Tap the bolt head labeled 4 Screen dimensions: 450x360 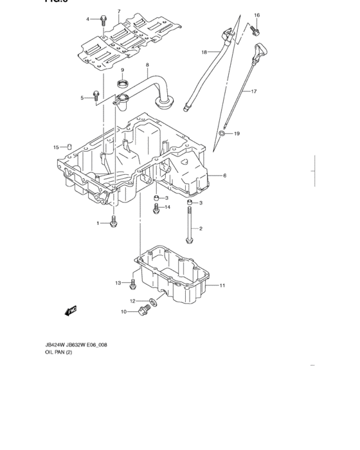[x=104, y=19]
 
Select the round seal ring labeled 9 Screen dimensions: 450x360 [x=122, y=83]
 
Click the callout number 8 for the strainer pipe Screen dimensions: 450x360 [x=147, y=65]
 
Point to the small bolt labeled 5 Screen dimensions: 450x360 [x=96, y=96]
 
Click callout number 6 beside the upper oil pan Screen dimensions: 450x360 [x=225, y=175]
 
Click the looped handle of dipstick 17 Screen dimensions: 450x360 [x=261, y=50]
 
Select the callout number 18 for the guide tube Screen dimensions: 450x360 [x=204, y=52]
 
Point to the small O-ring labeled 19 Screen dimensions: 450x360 [x=221, y=134]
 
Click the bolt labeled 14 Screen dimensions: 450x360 [x=156, y=208]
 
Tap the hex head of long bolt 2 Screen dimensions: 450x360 [x=190, y=241]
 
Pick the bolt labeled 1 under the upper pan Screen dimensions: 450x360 [x=114, y=222]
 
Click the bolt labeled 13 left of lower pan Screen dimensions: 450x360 [x=133, y=283]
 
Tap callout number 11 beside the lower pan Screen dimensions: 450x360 [x=222, y=285]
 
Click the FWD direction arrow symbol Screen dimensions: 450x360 [x=70, y=312]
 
